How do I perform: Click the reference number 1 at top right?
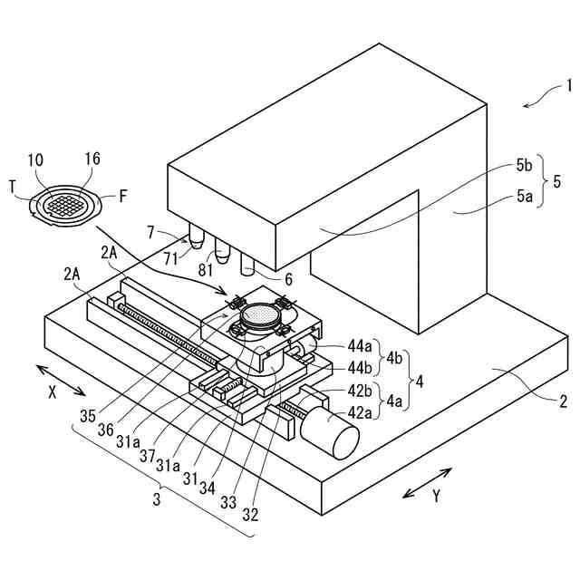[x=569, y=89]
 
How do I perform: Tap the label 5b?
[x=524, y=166]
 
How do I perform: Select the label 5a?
[x=524, y=193]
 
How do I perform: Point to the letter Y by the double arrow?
[x=436, y=496]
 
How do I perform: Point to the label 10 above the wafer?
[x=35, y=160]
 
